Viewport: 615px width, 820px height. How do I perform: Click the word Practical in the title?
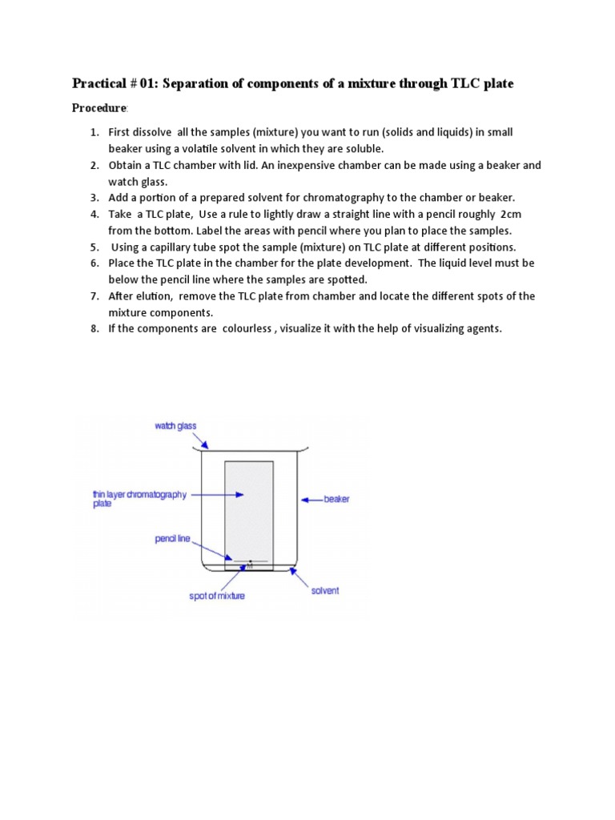[x=99, y=83]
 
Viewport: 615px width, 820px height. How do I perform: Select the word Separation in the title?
[x=198, y=83]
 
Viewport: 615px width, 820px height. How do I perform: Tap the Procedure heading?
[x=99, y=108]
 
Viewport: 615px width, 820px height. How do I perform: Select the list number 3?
[x=94, y=198]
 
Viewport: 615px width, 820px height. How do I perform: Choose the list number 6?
[x=94, y=263]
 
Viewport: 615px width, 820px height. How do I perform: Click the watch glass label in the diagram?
[x=175, y=426]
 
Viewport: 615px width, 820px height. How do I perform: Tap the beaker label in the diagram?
[x=336, y=500]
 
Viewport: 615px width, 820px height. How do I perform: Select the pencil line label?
[x=172, y=539]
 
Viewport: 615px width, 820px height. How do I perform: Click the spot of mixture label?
[x=217, y=596]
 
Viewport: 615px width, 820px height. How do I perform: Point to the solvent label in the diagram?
[x=325, y=590]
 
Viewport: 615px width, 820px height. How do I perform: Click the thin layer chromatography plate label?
[x=139, y=499]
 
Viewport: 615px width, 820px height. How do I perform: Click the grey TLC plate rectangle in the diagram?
[x=248, y=504]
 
